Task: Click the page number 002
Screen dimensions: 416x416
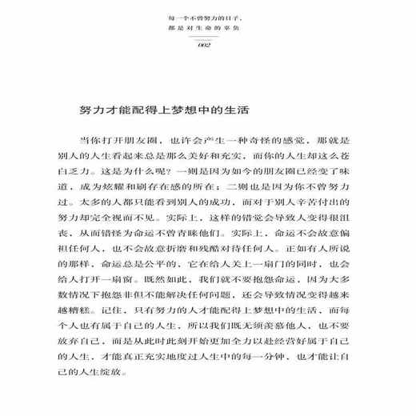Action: point(207,44)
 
